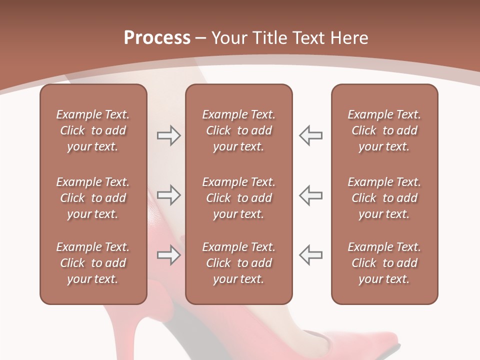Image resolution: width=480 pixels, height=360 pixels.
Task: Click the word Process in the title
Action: (x=157, y=38)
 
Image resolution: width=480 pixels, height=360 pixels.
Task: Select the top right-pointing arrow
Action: (x=168, y=135)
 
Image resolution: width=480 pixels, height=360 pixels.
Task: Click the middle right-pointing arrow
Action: (x=168, y=195)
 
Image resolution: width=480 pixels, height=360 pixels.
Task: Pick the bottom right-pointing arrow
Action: (x=168, y=255)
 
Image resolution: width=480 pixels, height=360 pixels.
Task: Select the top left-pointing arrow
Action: (x=310, y=135)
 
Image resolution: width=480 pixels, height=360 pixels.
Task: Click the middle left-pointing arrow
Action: (x=310, y=195)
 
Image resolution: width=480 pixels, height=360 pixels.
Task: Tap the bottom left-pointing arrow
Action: (x=310, y=255)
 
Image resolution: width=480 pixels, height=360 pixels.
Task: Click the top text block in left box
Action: (x=93, y=130)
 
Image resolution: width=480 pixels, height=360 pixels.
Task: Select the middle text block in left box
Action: (x=93, y=198)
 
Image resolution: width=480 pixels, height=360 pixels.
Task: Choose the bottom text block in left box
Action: (x=93, y=263)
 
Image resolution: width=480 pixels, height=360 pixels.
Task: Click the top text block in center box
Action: (x=238, y=130)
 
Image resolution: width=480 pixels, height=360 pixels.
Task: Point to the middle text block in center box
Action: (x=238, y=198)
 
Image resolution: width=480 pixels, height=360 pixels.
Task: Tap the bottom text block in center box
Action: (x=238, y=263)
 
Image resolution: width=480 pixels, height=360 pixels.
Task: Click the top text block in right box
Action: (x=384, y=130)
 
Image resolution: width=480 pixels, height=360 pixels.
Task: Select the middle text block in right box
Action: (x=384, y=198)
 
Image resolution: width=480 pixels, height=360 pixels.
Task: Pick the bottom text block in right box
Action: (x=384, y=263)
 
